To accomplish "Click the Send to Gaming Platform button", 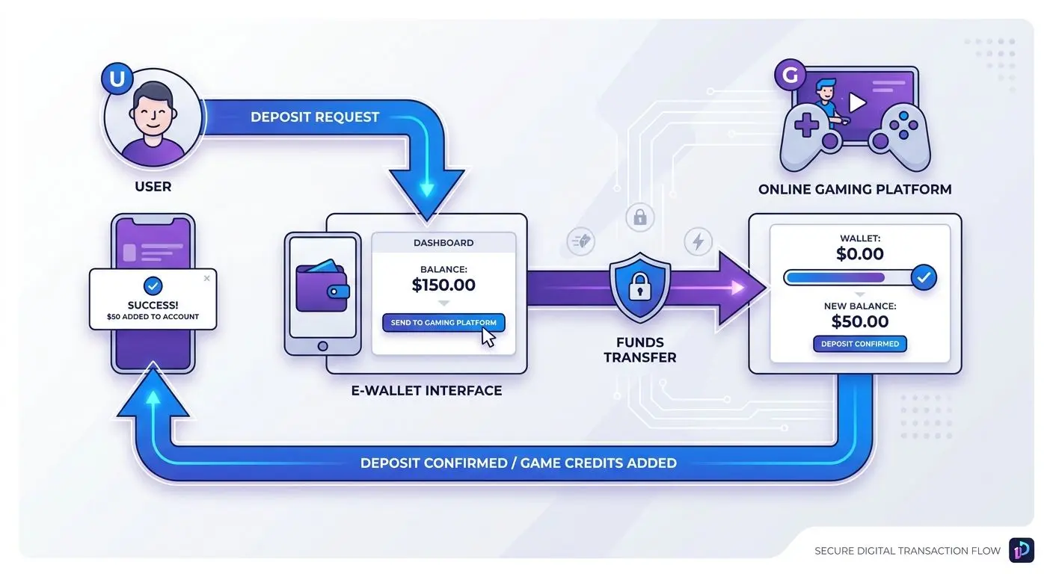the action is point(443,323).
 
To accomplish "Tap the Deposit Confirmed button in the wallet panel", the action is point(860,344).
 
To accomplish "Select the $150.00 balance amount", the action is point(443,285).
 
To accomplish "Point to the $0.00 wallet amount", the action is point(860,254).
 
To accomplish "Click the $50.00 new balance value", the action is point(860,322).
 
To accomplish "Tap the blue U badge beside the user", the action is point(117,78).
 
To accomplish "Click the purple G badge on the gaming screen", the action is point(790,75).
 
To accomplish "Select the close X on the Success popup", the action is point(207,278).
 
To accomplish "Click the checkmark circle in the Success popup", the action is point(153,286).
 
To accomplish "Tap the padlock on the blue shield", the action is point(639,286).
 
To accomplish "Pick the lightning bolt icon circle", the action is point(698,242).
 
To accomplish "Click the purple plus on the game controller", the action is point(806,126).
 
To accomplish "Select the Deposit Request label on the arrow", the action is point(315,117).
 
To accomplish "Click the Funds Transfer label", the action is point(639,350).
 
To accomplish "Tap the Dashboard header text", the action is point(443,243).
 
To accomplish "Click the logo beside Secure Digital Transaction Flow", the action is point(1022,550).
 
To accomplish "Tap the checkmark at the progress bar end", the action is point(924,277).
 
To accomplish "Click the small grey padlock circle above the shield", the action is point(639,217).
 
